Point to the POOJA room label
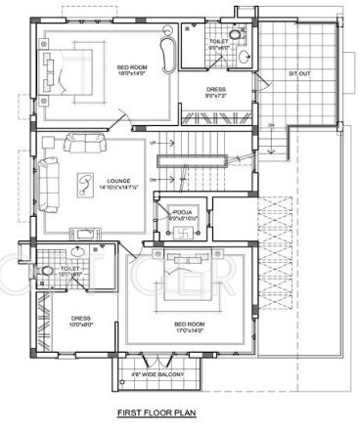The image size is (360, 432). point(182,212)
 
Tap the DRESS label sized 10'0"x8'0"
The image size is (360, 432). point(81,324)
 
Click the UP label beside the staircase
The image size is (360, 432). point(154,144)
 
